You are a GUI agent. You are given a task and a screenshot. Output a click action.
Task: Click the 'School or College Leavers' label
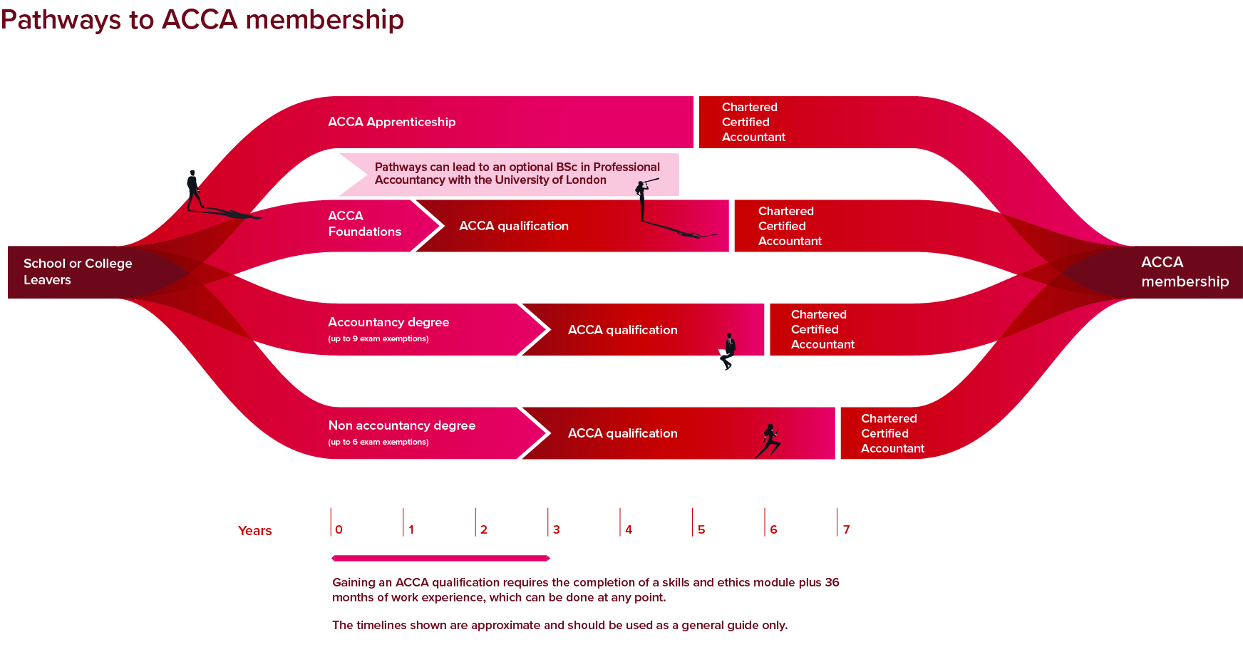[x=77, y=271]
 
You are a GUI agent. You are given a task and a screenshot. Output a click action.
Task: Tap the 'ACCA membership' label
[x=1184, y=271]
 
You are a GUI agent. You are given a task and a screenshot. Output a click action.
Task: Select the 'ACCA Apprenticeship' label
[x=391, y=122]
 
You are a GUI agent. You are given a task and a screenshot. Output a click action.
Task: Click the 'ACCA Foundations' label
[x=364, y=224]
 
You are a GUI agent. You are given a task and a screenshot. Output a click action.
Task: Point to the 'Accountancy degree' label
[x=388, y=322]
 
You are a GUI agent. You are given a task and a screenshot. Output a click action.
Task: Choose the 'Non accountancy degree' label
[x=401, y=425]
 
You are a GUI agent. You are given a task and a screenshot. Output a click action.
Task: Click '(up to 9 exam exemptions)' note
[x=378, y=339]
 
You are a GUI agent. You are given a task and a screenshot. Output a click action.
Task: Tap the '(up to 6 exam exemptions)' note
[x=378, y=442]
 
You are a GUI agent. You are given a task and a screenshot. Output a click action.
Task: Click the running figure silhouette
[x=769, y=441]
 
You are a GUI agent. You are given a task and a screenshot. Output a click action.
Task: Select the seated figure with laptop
[x=728, y=351]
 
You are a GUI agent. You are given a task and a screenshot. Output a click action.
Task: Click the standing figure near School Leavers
[x=193, y=190]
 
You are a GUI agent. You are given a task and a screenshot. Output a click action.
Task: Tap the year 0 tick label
[x=339, y=529]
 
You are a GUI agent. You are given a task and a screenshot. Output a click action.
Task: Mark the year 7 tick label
[x=846, y=529]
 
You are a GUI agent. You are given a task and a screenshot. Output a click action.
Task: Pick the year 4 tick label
[x=629, y=529]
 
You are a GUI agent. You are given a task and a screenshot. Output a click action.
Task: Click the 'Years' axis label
[x=254, y=531]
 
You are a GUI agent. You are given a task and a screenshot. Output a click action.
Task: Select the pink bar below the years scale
[x=440, y=558]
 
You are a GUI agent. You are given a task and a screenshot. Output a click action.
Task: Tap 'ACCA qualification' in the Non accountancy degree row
[x=622, y=433]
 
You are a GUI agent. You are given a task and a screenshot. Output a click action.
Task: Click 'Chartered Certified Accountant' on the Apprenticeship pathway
[x=753, y=122]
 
